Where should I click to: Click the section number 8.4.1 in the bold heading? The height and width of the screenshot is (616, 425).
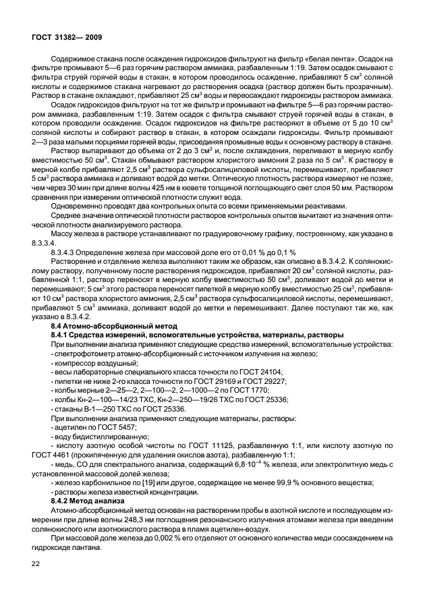click(62, 335)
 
